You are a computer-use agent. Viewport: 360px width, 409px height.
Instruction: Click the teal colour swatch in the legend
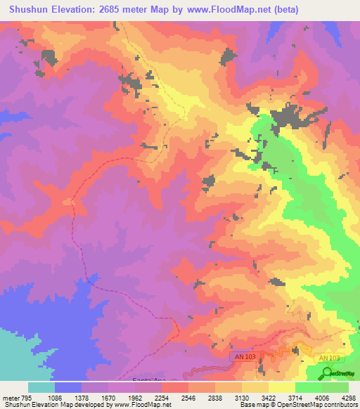point(41,387)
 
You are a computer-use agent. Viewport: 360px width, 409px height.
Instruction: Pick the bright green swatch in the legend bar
point(309,387)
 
